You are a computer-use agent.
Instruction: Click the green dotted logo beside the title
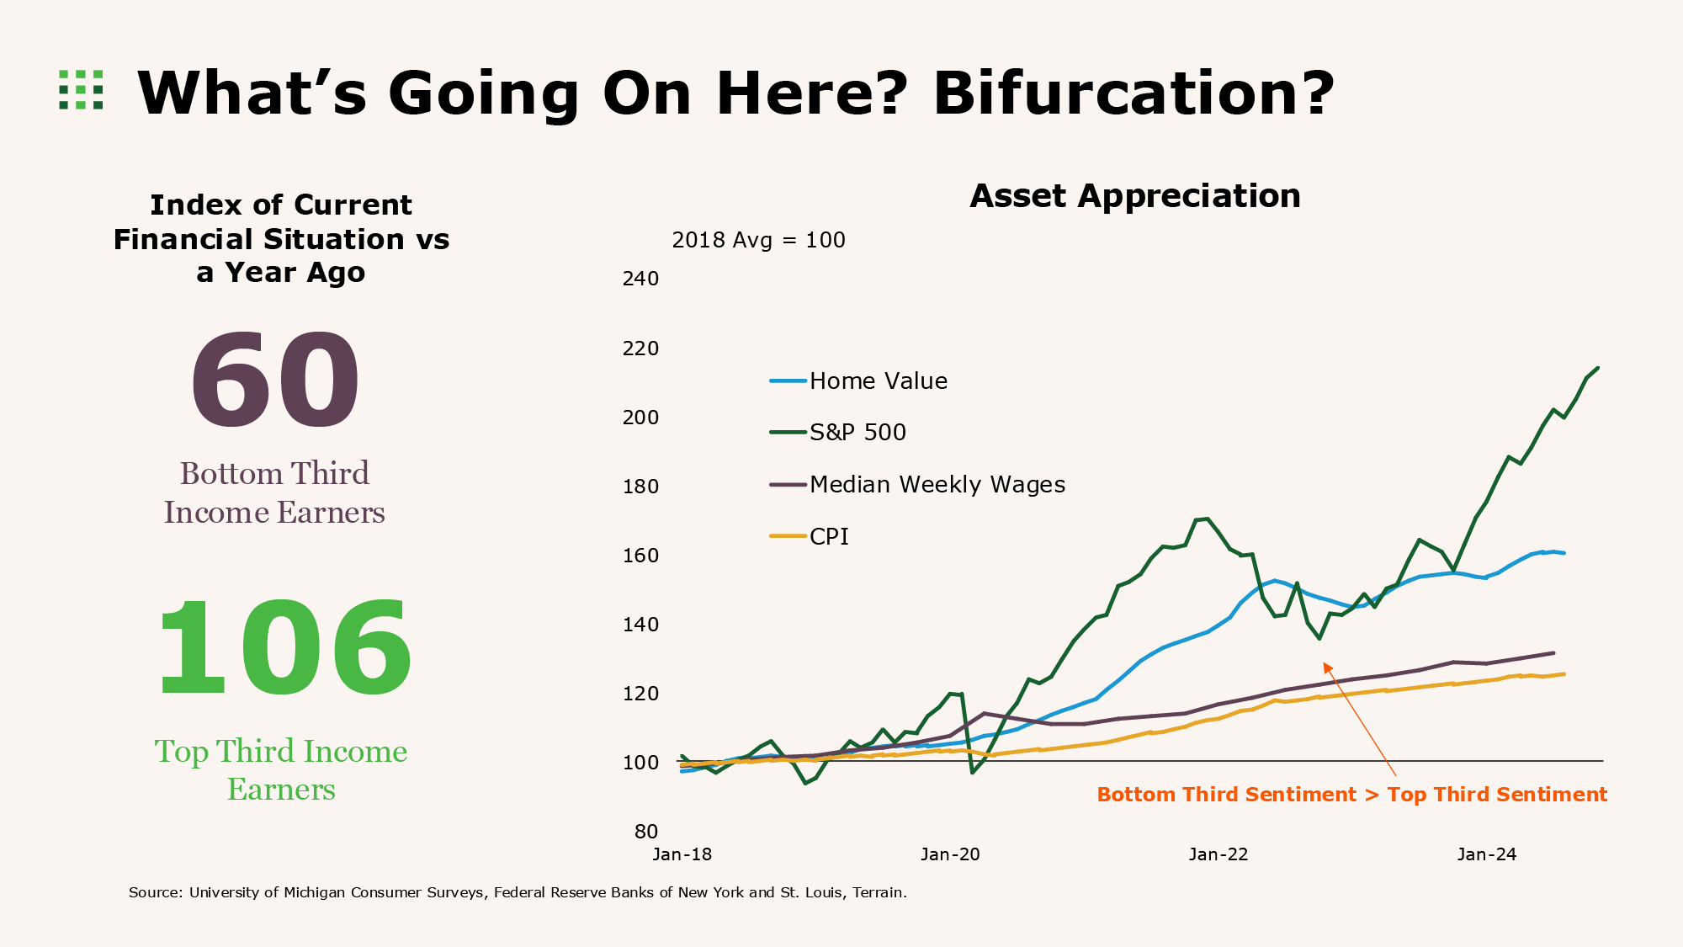tap(81, 90)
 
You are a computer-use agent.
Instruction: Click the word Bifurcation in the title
tap(1133, 93)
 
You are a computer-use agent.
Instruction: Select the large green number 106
tap(284, 649)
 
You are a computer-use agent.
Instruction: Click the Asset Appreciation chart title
tap(1134, 196)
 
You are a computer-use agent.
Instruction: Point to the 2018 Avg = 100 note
tap(757, 241)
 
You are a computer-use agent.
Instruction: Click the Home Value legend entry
tap(877, 381)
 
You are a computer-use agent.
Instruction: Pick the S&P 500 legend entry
tap(857, 433)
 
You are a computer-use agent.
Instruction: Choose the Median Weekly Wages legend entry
tap(936, 485)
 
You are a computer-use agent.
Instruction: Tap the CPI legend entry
tap(828, 537)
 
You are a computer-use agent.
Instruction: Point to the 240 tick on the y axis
tap(640, 279)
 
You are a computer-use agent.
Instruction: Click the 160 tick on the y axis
tap(640, 556)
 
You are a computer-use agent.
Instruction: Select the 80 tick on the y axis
tap(645, 832)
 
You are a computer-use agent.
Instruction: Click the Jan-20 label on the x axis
tap(950, 854)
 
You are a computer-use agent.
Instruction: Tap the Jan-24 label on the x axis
tap(1486, 854)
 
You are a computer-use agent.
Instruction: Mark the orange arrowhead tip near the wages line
tap(1325, 664)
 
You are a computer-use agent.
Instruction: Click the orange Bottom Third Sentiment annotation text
tap(1351, 795)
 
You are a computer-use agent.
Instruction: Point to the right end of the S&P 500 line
tap(1597, 368)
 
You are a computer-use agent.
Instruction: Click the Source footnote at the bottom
tap(518, 892)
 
